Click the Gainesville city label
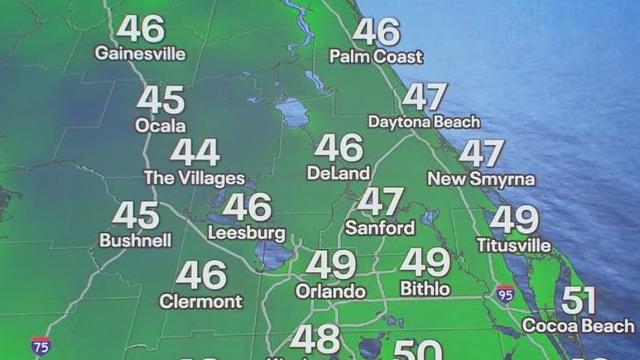point(140,54)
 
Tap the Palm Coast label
point(376,57)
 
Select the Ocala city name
point(161,127)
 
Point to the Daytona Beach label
point(424,122)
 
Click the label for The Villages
point(195,178)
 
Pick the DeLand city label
point(338,174)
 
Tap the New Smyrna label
point(481,179)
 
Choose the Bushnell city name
point(136,241)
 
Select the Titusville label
point(514,245)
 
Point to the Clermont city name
point(200,300)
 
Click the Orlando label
point(331,291)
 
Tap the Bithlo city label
point(425,289)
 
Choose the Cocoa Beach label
point(579,325)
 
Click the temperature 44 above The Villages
point(195,153)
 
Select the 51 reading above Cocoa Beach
point(579,300)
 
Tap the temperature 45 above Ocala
point(161,101)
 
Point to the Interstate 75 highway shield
point(41,344)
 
